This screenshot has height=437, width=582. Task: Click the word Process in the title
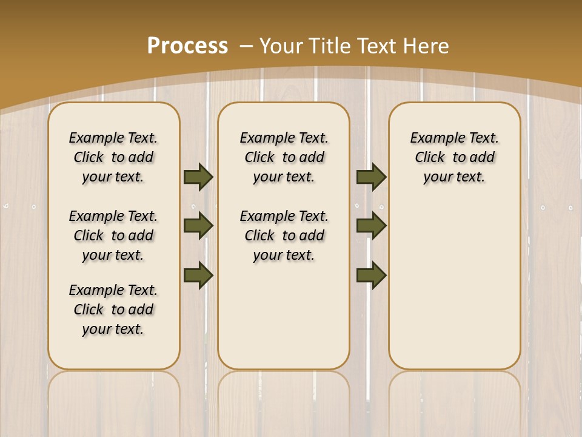point(187,46)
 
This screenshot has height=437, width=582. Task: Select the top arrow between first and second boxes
point(198,177)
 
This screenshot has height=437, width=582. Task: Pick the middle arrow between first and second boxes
point(198,226)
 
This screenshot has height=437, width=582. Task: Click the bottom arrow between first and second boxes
point(198,276)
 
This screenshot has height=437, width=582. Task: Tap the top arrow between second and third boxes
point(371,177)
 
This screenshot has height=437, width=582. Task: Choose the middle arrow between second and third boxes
point(371,226)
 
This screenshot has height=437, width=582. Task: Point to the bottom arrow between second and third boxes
point(371,276)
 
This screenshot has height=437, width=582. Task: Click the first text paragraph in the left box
point(113,157)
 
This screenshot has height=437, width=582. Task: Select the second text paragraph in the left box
point(113,235)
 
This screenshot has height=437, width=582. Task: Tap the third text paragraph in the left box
point(113,310)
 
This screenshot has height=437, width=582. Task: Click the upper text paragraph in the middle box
point(284,157)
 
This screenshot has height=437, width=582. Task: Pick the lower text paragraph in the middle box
point(284,235)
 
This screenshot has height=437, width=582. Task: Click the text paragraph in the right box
point(455,157)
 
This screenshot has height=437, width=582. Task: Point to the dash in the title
point(246,46)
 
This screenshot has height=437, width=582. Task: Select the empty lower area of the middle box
point(284,316)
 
